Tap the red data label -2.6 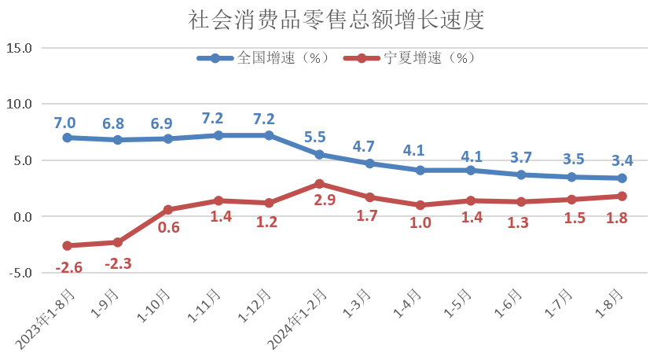point(68,267)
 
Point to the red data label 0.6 point(169,228)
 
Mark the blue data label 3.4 point(622,160)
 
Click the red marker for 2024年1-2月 point(319,183)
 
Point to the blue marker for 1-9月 point(118,140)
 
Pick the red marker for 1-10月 point(168,210)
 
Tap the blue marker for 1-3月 point(369,163)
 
